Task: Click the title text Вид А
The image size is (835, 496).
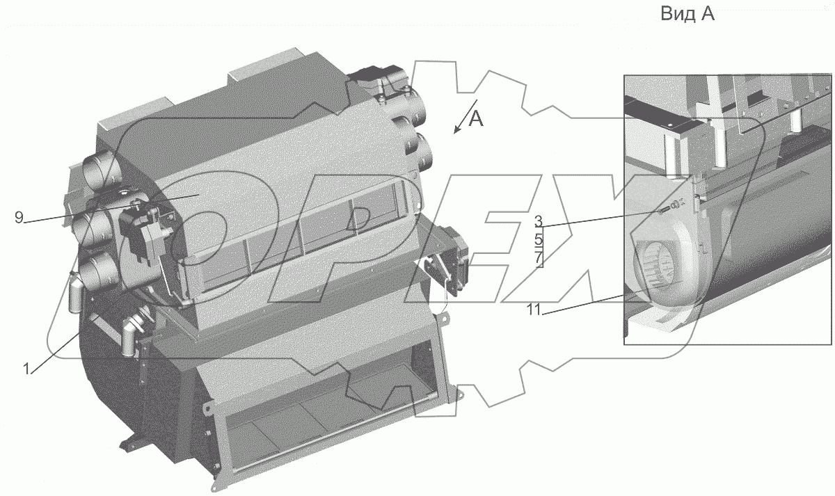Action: click(x=687, y=14)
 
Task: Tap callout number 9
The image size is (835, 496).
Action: click(x=19, y=217)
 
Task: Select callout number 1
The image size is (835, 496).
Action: click(x=26, y=369)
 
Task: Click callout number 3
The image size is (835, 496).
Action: click(x=538, y=221)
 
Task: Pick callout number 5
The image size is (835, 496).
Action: click(x=539, y=239)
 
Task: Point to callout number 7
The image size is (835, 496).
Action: click(x=539, y=259)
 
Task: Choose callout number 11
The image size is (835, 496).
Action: click(x=534, y=310)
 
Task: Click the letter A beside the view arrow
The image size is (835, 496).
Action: click(x=475, y=119)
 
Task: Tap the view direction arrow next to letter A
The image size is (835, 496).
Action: click(x=465, y=117)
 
